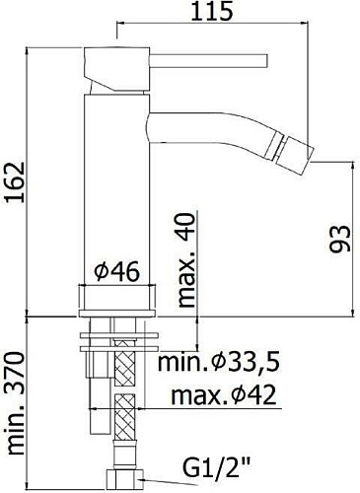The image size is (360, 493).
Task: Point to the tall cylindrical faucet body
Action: click(117, 187)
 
